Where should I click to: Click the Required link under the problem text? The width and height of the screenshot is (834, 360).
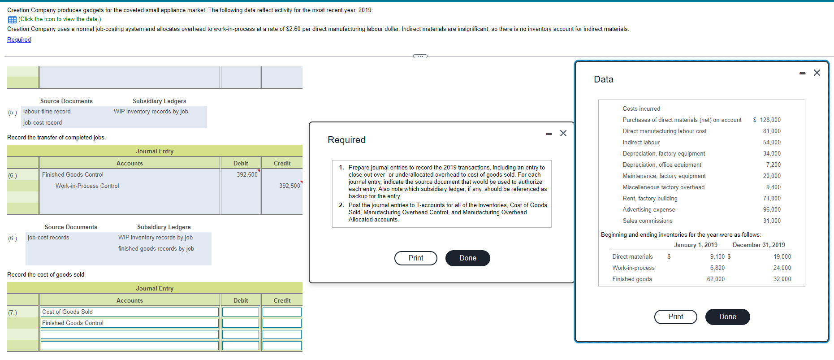[x=19, y=40]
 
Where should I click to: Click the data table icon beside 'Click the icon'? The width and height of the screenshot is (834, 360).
[x=12, y=20]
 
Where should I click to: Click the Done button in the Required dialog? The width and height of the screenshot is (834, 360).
[x=467, y=258]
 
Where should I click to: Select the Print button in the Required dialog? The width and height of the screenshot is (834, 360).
[x=415, y=258]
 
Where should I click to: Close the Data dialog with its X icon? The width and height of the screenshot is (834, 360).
[x=817, y=73]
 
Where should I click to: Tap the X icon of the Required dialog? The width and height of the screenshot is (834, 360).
[x=563, y=133]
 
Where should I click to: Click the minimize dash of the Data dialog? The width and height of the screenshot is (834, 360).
[x=802, y=73]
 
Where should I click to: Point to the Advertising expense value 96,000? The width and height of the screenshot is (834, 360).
[x=771, y=210]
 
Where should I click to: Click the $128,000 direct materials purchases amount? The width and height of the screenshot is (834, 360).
[x=767, y=120]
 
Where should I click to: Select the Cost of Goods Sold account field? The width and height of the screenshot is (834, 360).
[x=130, y=312]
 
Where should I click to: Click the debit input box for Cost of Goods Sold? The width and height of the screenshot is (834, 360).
[x=241, y=312]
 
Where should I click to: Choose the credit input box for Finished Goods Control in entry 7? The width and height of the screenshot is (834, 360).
[x=282, y=323]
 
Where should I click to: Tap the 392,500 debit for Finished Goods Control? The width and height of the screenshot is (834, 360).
[x=247, y=175]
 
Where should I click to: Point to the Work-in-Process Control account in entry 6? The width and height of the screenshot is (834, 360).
[x=87, y=186]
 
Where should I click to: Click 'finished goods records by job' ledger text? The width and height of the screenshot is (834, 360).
[x=156, y=249]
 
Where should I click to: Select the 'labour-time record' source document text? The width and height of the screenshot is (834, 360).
[x=47, y=112]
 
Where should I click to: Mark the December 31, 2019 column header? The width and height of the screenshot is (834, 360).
[x=759, y=245]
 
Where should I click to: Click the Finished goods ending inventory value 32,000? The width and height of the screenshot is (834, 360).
[x=782, y=279]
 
